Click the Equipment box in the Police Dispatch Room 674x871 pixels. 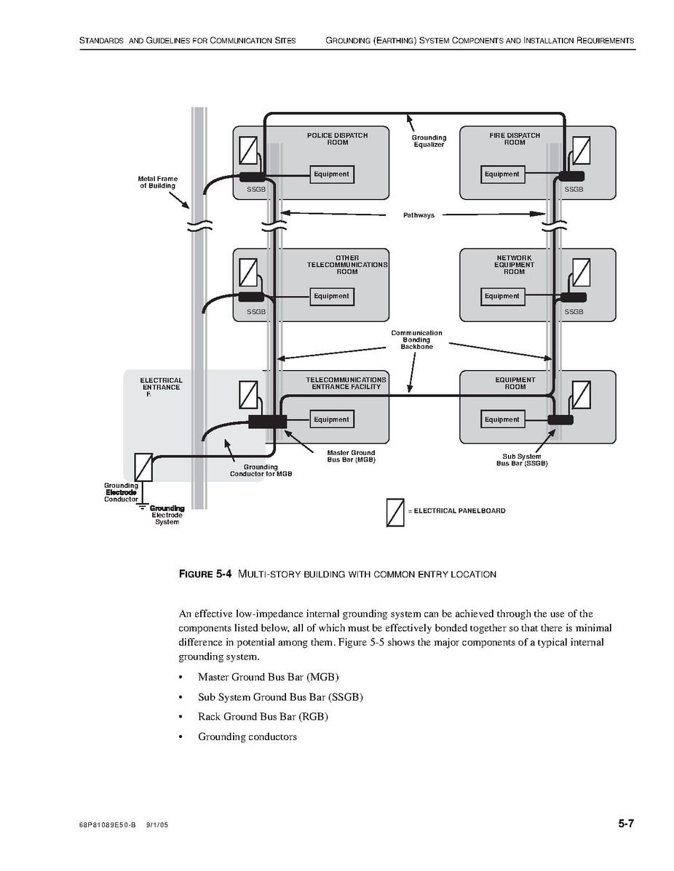[x=331, y=174]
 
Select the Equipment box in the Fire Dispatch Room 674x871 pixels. [x=501, y=174]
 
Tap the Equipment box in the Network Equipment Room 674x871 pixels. [x=501, y=297]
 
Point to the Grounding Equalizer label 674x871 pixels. [x=429, y=141]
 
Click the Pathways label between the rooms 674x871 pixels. [x=419, y=215]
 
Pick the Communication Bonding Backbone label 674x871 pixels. [x=416, y=340]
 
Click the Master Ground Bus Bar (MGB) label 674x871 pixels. [x=351, y=457]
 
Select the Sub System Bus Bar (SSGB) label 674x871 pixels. [x=522, y=460]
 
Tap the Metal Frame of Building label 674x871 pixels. [x=158, y=182]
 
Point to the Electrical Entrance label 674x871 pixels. [x=161, y=387]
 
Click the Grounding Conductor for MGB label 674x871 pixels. [x=261, y=470]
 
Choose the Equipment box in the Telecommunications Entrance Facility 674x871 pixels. [x=331, y=420]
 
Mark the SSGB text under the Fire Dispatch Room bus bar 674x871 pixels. [x=574, y=189]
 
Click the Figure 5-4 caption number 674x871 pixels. [x=205, y=574]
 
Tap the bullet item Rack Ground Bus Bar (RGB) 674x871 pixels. [x=263, y=717]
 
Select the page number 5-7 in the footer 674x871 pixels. [x=626, y=824]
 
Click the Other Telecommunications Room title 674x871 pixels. [x=346, y=265]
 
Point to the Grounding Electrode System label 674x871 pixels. [x=167, y=515]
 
